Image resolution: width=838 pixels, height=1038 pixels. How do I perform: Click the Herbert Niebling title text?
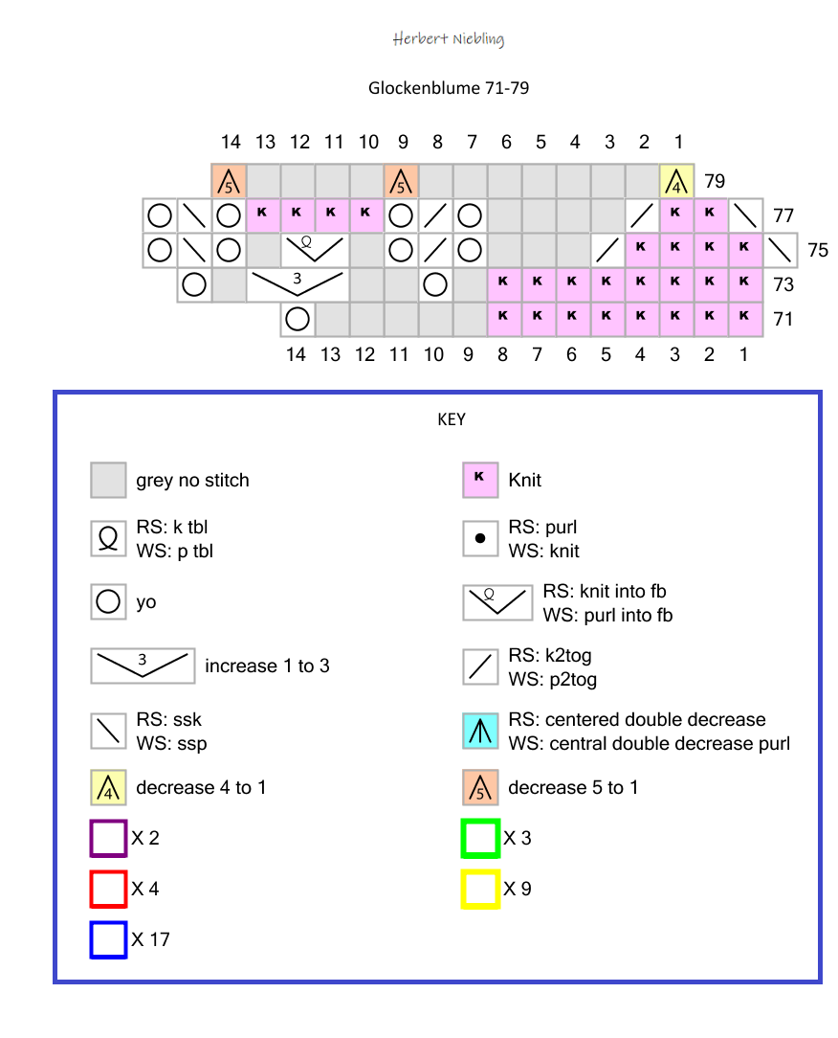click(448, 39)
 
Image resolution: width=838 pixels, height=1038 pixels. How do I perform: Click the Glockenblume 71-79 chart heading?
click(449, 88)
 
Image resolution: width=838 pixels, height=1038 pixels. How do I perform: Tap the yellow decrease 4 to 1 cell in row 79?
click(677, 179)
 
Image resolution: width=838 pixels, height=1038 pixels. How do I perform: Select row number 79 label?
click(714, 180)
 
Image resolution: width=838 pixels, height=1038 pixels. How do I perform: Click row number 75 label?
click(817, 250)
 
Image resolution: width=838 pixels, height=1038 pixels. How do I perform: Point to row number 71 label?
click(783, 319)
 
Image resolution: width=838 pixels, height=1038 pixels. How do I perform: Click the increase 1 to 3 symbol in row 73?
click(298, 284)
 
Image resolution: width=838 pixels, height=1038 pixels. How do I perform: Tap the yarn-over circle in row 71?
click(298, 318)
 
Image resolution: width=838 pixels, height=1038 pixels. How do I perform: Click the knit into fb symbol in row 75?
click(315, 249)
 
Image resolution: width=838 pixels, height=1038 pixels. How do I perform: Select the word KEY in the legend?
click(451, 419)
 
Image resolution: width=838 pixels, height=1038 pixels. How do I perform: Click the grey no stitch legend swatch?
click(109, 481)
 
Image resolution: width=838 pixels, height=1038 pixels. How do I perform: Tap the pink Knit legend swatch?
click(480, 480)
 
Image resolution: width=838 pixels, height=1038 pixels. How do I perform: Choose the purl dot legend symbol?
click(480, 539)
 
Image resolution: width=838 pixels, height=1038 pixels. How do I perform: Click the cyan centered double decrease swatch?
click(480, 732)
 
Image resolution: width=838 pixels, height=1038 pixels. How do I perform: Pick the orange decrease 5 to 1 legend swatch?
click(480, 787)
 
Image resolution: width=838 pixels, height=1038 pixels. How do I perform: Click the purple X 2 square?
click(108, 839)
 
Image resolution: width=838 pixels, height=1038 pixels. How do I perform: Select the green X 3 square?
click(480, 839)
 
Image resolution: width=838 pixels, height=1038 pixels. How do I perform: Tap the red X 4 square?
click(108, 889)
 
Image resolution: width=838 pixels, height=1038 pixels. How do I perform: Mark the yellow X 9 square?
click(480, 889)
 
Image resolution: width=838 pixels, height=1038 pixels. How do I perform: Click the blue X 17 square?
click(108, 939)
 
